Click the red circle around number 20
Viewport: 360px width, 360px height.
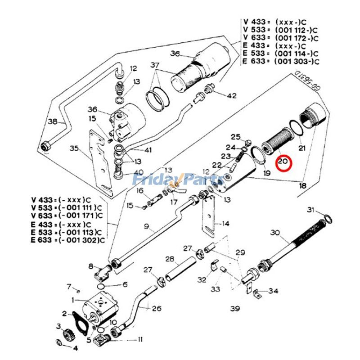284,163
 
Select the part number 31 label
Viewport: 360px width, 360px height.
310,210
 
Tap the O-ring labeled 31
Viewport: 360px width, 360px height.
328,219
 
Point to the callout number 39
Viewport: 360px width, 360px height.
234,309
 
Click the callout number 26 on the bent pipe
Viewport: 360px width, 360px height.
157,308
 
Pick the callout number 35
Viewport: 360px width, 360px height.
74,148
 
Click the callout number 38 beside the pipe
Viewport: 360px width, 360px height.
52,121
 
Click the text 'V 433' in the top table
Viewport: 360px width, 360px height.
252,21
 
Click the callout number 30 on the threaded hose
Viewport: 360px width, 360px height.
275,233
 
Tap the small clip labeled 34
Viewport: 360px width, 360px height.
258,295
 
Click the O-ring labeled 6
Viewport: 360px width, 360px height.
103,286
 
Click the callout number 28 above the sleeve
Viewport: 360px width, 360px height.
169,259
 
